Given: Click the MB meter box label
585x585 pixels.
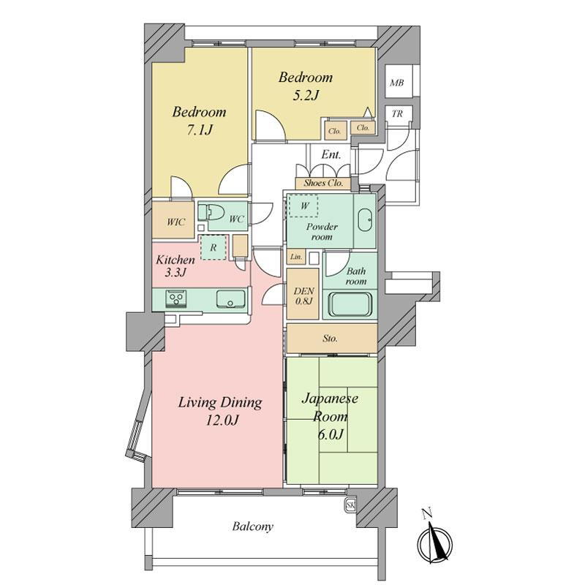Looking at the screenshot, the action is tap(396, 83).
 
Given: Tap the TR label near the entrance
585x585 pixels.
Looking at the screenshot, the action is tap(397, 113).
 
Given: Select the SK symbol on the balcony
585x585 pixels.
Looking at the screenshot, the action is tap(350, 505).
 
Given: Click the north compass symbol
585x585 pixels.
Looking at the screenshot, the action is tap(434, 540).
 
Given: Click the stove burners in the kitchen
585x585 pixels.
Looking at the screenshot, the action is tap(176, 298).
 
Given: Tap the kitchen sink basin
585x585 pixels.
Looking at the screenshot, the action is tap(230, 299).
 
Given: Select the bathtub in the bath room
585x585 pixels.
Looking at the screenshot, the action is tap(350, 304).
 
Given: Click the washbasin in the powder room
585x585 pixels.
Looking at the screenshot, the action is tap(364, 220).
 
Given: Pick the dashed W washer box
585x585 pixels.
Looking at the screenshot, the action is tap(303, 206).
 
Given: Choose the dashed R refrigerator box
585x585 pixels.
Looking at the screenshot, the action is tap(214, 247).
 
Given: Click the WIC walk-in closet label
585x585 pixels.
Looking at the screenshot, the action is tap(175, 222).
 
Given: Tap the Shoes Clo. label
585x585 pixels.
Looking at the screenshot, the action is tap(323, 184).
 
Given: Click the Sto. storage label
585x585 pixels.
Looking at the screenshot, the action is tap(331, 339).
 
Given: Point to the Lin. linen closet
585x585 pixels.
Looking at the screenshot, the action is tap(296, 257).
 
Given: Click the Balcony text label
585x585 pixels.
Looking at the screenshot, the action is tap(252, 526).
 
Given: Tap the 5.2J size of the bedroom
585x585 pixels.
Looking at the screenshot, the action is tap(306, 96).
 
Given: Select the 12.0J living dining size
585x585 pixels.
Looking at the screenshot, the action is tap(222, 420).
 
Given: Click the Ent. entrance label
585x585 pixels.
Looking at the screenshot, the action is tap(331, 154).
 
